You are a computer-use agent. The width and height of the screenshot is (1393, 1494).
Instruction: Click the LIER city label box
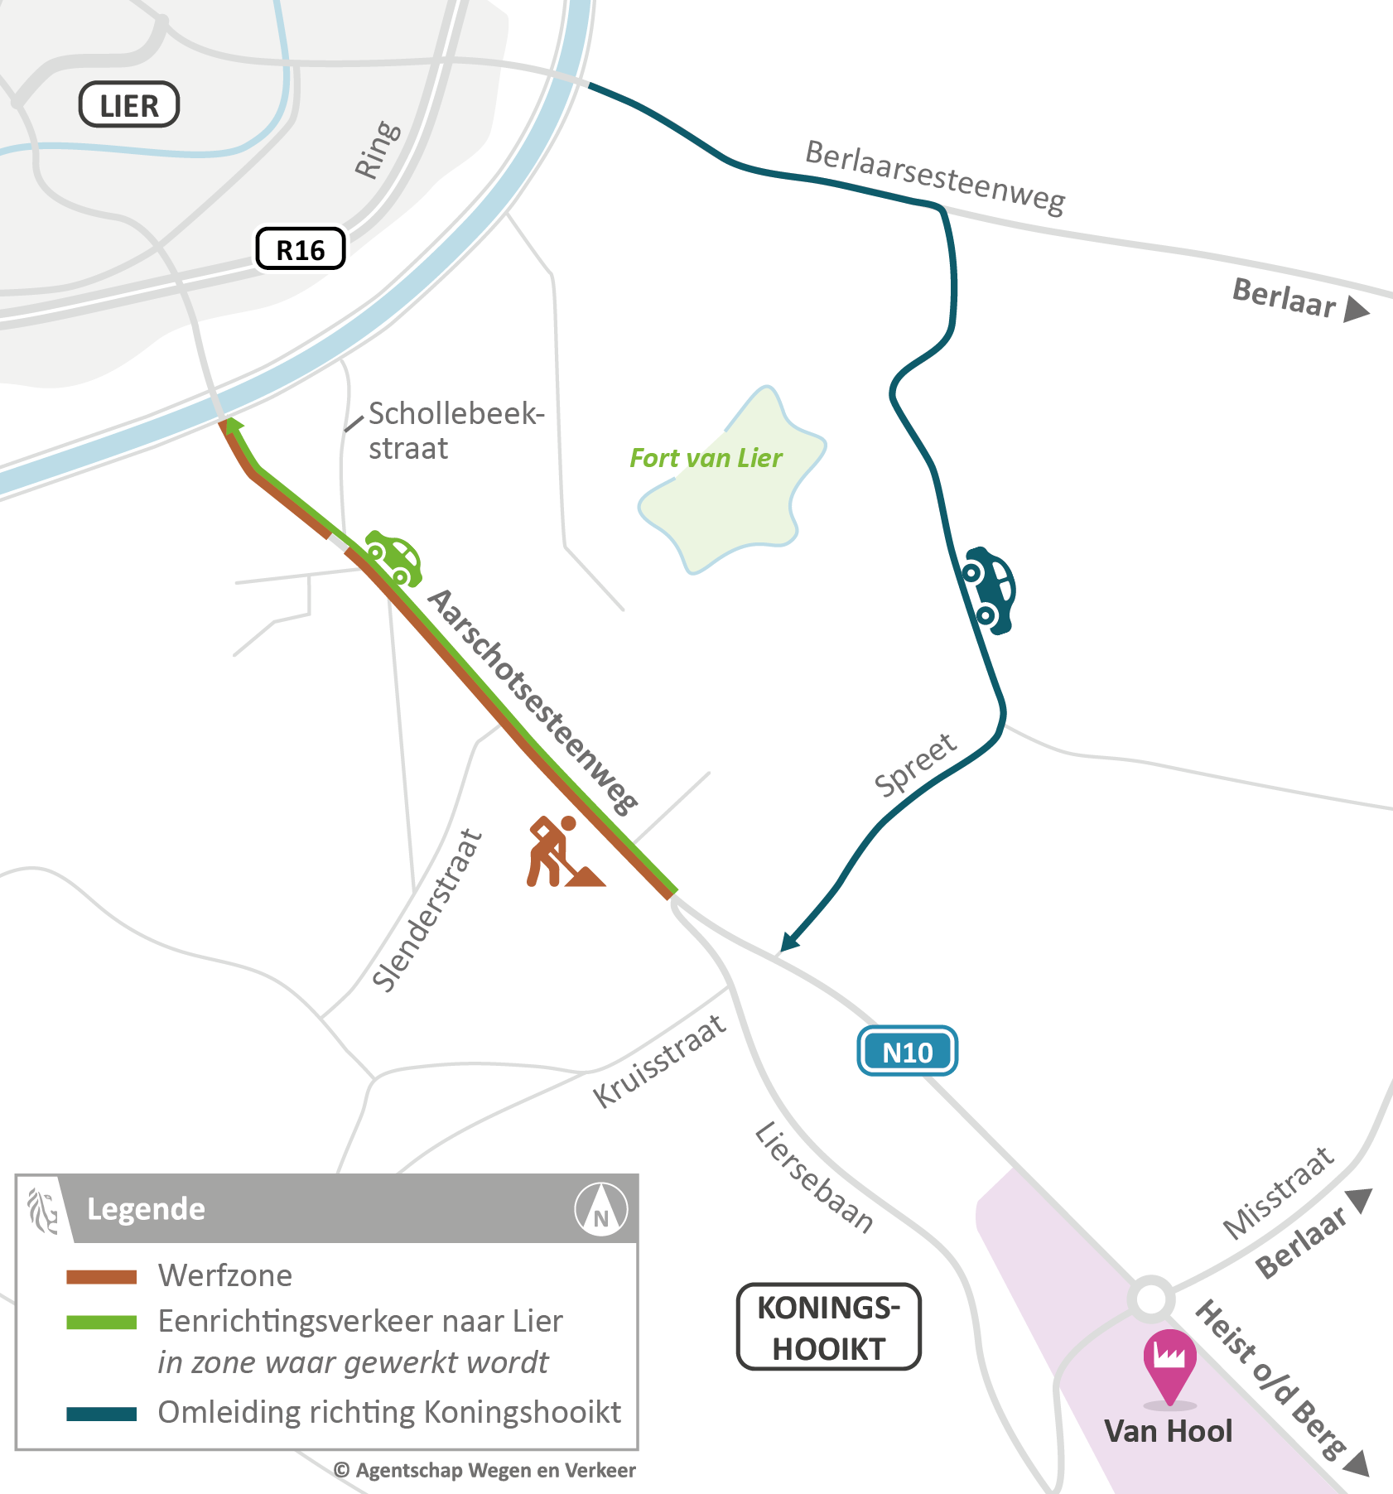click(128, 105)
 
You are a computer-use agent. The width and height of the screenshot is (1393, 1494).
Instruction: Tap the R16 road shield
click(300, 249)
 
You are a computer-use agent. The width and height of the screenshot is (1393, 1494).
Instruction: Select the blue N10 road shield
click(907, 1052)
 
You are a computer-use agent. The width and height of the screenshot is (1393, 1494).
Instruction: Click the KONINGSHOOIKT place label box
click(828, 1328)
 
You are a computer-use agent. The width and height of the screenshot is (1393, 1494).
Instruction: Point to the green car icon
click(394, 557)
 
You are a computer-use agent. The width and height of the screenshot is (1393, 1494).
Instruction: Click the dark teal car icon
click(989, 590)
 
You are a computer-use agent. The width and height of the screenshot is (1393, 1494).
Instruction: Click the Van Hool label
click(1168, 1432)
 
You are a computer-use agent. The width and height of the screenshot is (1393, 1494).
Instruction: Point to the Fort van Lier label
click(706, 458)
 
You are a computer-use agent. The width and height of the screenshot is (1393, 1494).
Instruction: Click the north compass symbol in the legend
click(601, 1210)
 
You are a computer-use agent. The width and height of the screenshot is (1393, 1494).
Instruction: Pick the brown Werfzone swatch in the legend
click(102, 1277)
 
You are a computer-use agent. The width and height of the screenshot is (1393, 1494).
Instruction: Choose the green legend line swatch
click(102, 1323)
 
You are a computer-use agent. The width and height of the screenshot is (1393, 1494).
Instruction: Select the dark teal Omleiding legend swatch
click(102, 1414)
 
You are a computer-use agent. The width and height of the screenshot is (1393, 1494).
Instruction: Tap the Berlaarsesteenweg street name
click(935, 177)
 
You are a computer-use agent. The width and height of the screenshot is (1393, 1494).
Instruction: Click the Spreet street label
click(916, 765)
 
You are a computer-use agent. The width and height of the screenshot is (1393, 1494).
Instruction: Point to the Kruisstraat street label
click(660, 1061)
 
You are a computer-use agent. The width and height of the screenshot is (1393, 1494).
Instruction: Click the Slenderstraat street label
click(427, 910)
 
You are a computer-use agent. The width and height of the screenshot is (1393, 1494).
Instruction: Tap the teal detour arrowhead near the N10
click(789, 942)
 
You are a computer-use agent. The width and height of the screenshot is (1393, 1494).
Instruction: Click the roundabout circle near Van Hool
click(1151, 1299)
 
